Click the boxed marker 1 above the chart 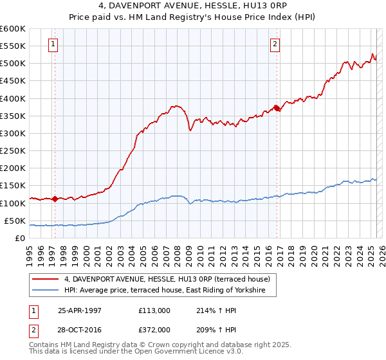coord(52,44)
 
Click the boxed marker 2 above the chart coord(275,44)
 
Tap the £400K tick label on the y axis coord(13,98)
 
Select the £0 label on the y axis coord(20,238)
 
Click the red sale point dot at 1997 coord(55,199)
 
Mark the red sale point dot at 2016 coord(277,108)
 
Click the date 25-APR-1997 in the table coord(80,310)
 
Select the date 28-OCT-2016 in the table coord(80,329)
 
